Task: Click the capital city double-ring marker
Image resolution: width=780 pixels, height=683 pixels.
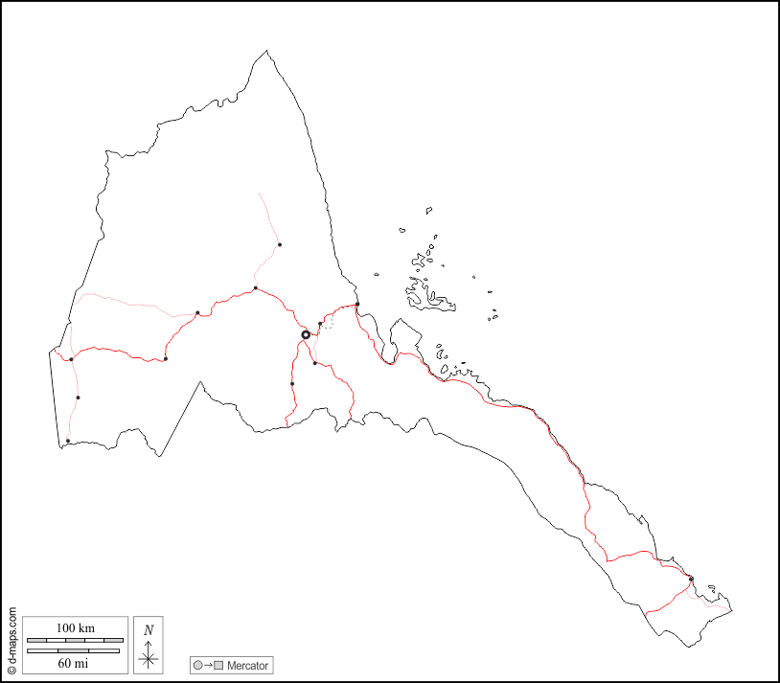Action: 306,334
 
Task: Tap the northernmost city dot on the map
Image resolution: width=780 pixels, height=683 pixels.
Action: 280,244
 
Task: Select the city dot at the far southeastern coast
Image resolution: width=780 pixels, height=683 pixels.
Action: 691,579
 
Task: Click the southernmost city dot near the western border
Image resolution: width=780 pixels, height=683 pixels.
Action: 68,441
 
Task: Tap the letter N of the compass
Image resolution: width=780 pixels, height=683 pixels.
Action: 148,629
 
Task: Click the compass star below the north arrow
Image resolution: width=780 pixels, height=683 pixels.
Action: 148,658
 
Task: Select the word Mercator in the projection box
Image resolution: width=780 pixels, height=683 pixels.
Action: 248,665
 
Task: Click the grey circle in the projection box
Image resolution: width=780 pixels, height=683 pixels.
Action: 197,665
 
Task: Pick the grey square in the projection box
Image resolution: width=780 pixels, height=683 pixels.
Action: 218,665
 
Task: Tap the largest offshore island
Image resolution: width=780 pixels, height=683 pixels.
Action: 430,297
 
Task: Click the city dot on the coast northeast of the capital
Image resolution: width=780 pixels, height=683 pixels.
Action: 357,305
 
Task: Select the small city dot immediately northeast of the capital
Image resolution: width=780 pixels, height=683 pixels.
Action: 320,324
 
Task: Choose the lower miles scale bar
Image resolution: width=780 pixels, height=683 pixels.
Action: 74,650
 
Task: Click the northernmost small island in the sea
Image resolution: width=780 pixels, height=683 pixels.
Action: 429,210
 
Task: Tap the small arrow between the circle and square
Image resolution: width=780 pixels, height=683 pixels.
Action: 208,665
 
